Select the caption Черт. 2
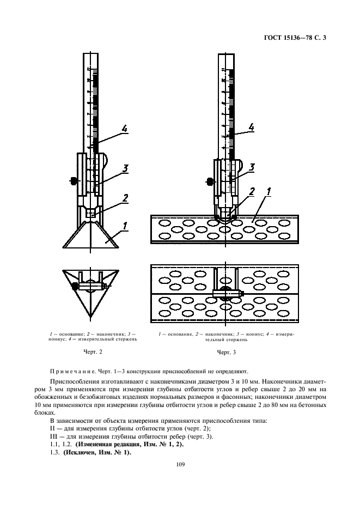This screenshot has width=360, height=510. [93, 353]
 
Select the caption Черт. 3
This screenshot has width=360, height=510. [226, 353]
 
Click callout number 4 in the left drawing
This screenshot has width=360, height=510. [124, 129]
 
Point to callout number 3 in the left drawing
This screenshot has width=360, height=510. [125, 169]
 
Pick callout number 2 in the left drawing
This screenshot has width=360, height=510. [125, 198]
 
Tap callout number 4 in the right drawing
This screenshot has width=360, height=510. [251, 127]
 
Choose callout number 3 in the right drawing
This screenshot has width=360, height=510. [252, 167]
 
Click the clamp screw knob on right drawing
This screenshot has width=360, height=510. [210, 180]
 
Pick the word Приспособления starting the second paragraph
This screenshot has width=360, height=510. [76, 380]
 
